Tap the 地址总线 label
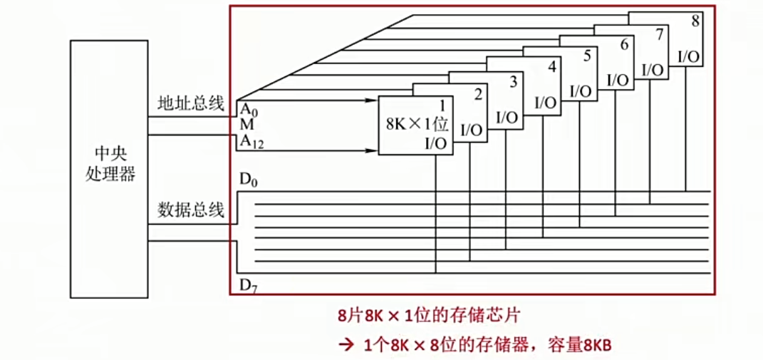(191, 105)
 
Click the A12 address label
(251, 141)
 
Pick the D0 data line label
(249, 180)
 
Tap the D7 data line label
(249, 287)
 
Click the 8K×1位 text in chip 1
(417, 123)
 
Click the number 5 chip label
(586, 56)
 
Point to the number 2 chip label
(478, 93)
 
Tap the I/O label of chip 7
(653, 70)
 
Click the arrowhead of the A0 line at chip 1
(373, 101)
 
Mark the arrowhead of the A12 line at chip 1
(373, 150)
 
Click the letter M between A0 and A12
(245, 125)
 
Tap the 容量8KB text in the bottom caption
(581, 345)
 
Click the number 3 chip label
(513, 81)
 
